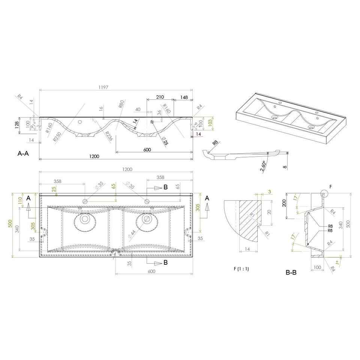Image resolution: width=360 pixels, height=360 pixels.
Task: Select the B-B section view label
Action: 291,273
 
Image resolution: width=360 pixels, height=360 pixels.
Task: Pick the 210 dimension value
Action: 160,97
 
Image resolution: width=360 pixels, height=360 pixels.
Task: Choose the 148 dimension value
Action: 184,97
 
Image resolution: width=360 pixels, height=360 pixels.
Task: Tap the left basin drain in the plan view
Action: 85,219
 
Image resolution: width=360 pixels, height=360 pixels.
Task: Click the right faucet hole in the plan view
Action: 148,201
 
